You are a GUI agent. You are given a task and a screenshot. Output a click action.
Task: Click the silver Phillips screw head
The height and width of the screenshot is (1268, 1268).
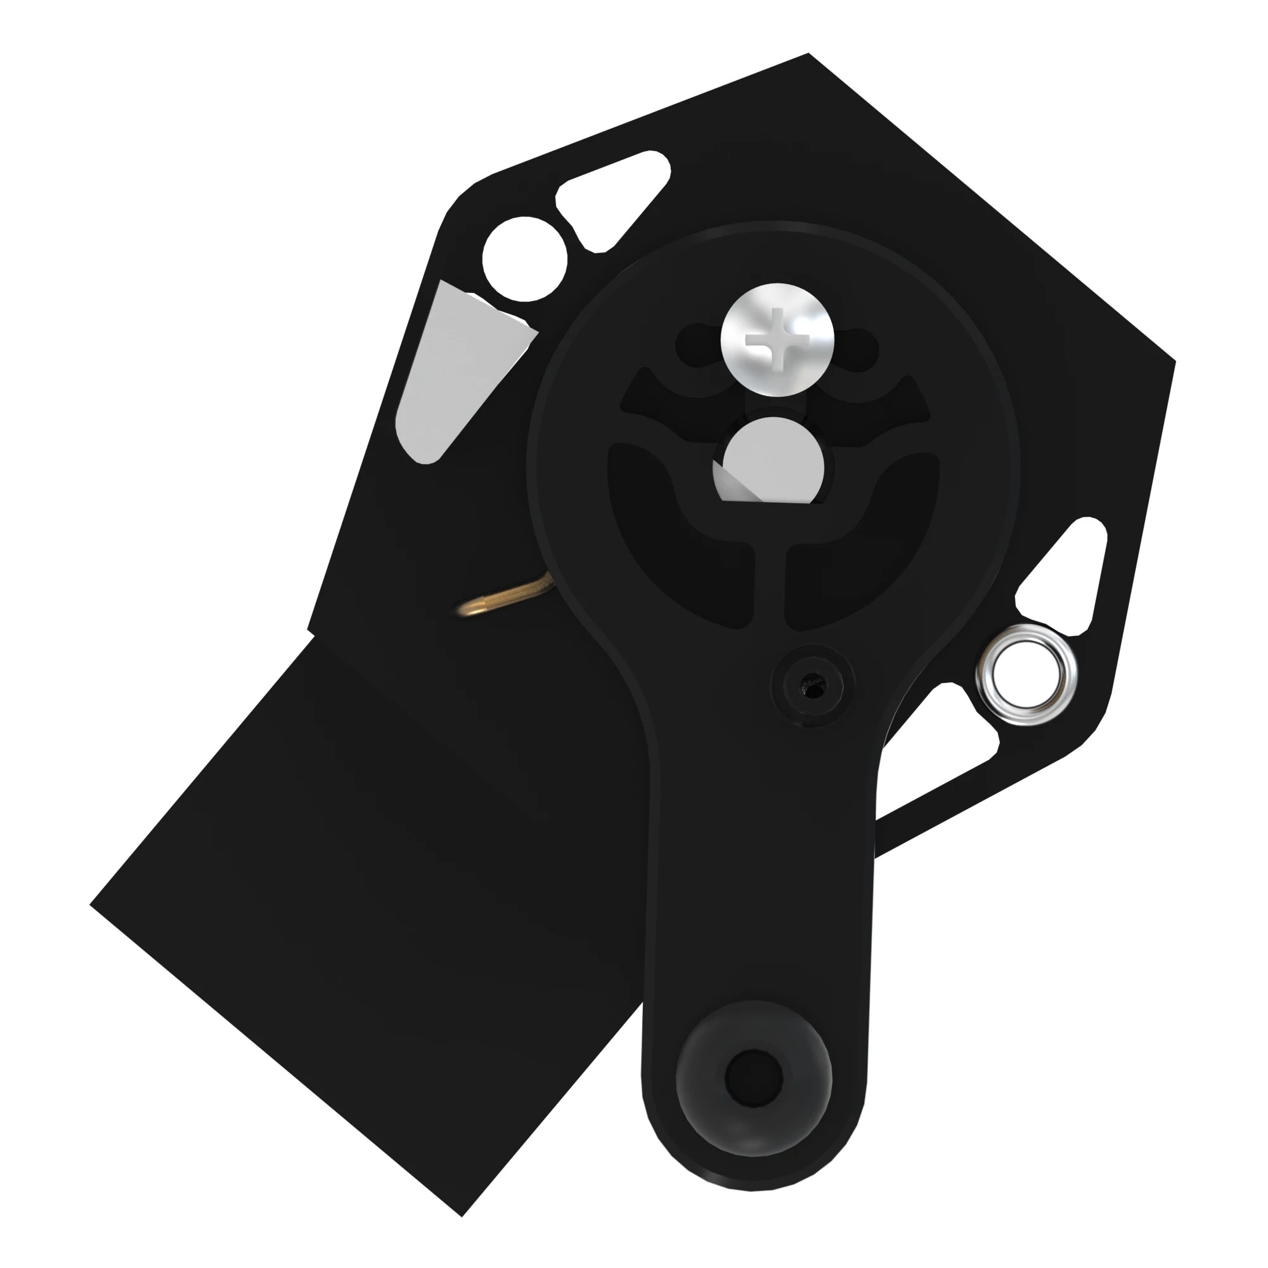(778, 339)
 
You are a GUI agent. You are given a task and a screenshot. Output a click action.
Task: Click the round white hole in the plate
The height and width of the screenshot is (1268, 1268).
(524, 259)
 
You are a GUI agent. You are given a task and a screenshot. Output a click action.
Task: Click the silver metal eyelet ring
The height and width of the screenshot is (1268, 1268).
(1026, 675)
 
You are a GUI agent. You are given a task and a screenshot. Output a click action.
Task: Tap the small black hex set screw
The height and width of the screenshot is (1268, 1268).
(814, 686)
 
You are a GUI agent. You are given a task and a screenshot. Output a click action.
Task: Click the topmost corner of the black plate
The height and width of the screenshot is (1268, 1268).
(808, 54)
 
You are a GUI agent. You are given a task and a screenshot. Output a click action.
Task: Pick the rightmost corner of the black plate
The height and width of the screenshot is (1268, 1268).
(1174, 360)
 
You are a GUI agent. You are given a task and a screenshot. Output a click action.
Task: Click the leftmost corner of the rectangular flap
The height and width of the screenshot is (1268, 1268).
(91, 905)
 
